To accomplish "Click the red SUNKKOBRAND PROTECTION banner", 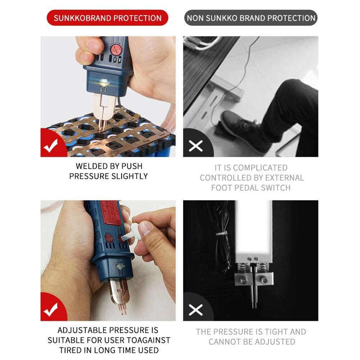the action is coord(108,18).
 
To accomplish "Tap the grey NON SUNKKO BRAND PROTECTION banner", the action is coord(251,18).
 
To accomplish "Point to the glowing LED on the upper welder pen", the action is coord(102,82).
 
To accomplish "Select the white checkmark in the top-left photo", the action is coord(51,146).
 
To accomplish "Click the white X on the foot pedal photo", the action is coord(196,146).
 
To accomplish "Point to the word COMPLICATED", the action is coord(260,168).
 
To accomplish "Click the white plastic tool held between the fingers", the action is coord(133,232).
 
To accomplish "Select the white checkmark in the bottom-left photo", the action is coord(51,310).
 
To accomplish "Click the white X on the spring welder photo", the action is coord(196,310).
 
